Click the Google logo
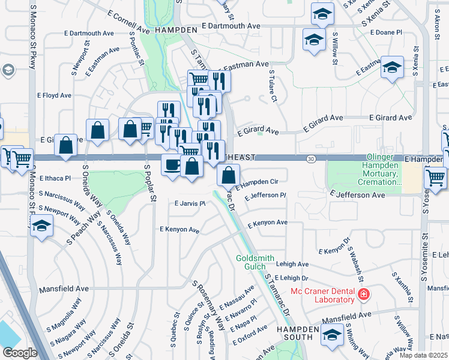point(19,353)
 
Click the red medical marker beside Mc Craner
point(363,295)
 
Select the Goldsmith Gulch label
point(255,262)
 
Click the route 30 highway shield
point(310,158)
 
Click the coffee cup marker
point(172,164)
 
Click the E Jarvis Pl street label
point(190,204)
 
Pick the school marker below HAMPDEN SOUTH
point(333,335)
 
